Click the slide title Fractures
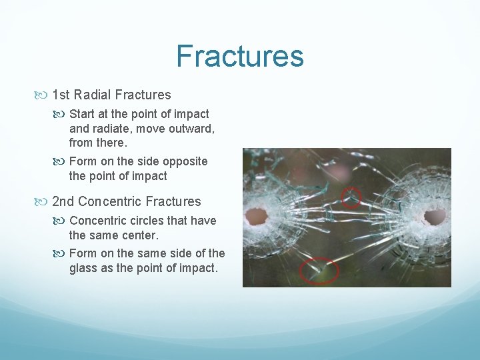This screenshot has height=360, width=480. [240, 56]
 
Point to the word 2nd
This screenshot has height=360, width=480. [63, 201]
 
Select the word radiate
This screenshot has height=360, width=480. [111, 129]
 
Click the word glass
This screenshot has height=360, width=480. [83, 268]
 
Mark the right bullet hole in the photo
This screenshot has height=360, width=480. [435, 216]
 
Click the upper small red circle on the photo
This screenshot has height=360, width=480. [351, 197]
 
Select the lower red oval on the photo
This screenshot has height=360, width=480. [319, 271]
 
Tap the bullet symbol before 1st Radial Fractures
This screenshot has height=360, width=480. [44, 95]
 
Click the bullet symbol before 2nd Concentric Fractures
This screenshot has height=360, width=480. [44, 202]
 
